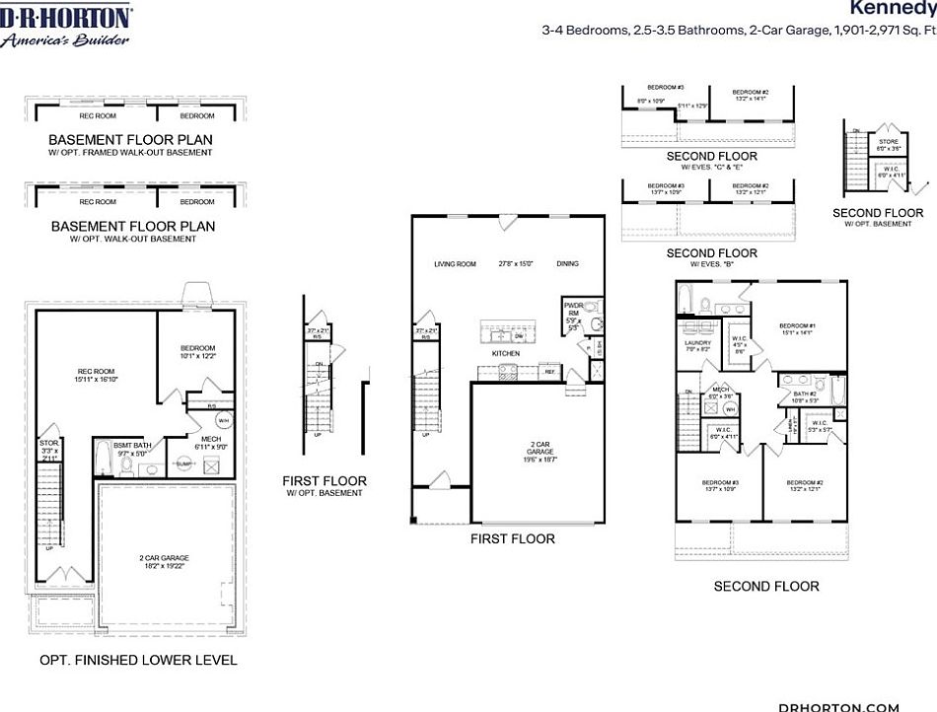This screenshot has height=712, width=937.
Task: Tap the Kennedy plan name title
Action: point(893,8)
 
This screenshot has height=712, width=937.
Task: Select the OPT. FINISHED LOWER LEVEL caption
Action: point(138,659)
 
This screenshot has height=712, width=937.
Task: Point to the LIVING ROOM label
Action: point(455,264)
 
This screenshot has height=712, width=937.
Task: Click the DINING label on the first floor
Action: point(567,264)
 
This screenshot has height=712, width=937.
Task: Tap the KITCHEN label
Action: point(505,352)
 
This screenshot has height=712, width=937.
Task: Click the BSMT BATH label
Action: point(132,446)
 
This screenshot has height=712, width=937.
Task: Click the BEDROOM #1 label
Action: point(796,326)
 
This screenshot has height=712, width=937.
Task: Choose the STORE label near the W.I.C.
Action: point(888,142)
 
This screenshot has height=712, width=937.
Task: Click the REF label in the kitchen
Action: point(549,372)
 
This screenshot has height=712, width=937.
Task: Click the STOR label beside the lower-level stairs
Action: point(48,445)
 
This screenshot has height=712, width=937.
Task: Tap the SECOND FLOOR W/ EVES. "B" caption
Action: point(711,258)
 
